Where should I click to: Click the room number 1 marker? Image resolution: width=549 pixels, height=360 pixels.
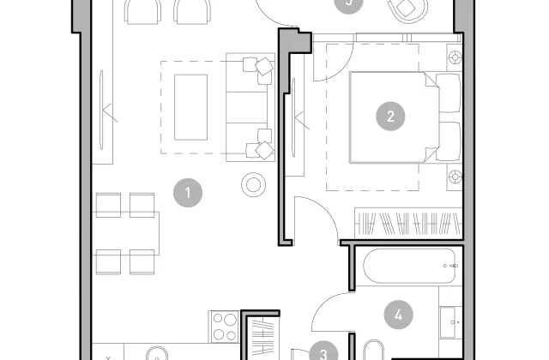(188, 193)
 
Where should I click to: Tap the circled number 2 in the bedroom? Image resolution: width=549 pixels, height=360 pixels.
(390, 117)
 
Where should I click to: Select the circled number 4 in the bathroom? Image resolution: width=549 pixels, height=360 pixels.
(398, 315)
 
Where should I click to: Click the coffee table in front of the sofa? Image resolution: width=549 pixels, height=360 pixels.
(190, 107)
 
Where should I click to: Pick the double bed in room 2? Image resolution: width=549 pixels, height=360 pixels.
(405, 117)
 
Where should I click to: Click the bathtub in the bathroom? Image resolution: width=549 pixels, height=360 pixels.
(410, 266)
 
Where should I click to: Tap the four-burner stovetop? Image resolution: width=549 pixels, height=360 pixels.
(224, 327)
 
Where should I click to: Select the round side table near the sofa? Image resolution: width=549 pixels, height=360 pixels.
(254, 185)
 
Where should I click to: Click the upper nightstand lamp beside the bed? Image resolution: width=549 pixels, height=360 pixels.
(455, 57)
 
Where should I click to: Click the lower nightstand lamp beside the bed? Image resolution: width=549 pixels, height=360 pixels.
(455, 177)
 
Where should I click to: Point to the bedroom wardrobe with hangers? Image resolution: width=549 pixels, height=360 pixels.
(408, 223)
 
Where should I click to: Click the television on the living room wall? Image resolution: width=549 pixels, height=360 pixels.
(101, 110)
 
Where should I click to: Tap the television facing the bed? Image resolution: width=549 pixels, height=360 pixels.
(293, 117)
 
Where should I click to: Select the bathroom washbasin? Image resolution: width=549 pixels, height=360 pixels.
(449, 322)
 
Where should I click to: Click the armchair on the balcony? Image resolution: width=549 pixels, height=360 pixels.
(408, 9)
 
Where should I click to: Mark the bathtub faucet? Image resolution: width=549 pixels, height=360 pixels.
(451, 266)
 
